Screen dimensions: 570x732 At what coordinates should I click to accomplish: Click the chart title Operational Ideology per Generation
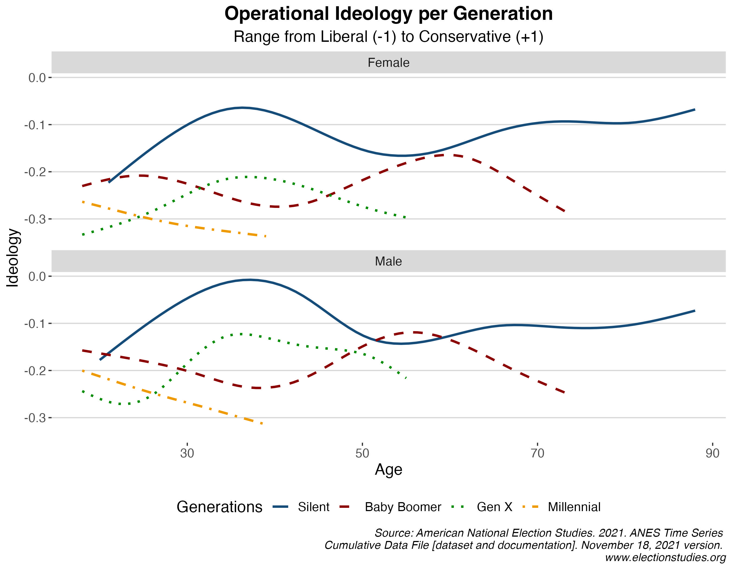click(388, 14)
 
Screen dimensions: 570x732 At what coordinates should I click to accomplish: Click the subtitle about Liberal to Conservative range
click(388, 37)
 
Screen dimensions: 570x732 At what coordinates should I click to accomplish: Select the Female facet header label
click(388, 63)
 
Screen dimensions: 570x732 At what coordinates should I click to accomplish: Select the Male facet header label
click(388, 261)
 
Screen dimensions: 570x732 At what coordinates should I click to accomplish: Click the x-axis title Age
click(388, 469)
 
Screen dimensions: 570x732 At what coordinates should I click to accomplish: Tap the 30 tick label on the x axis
click(187, 453)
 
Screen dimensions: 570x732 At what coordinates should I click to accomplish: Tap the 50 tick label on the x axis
click(362, 453)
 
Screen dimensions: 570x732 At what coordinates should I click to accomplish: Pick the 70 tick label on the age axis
click(537, 453)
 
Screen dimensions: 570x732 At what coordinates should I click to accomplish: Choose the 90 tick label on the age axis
click(712, 453)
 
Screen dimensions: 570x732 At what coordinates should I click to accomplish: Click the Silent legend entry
click(313, 507)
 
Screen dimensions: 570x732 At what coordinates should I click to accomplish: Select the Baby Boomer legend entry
click(403, 507)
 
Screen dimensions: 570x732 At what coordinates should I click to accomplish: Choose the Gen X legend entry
click(494, 507)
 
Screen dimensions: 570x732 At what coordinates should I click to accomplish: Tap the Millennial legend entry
click(574, 507)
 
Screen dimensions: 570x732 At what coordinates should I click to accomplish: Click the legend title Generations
click(219, 507)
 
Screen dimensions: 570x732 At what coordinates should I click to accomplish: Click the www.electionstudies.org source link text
click(665, 558)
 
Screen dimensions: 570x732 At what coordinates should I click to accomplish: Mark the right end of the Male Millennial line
click(262, 424)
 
